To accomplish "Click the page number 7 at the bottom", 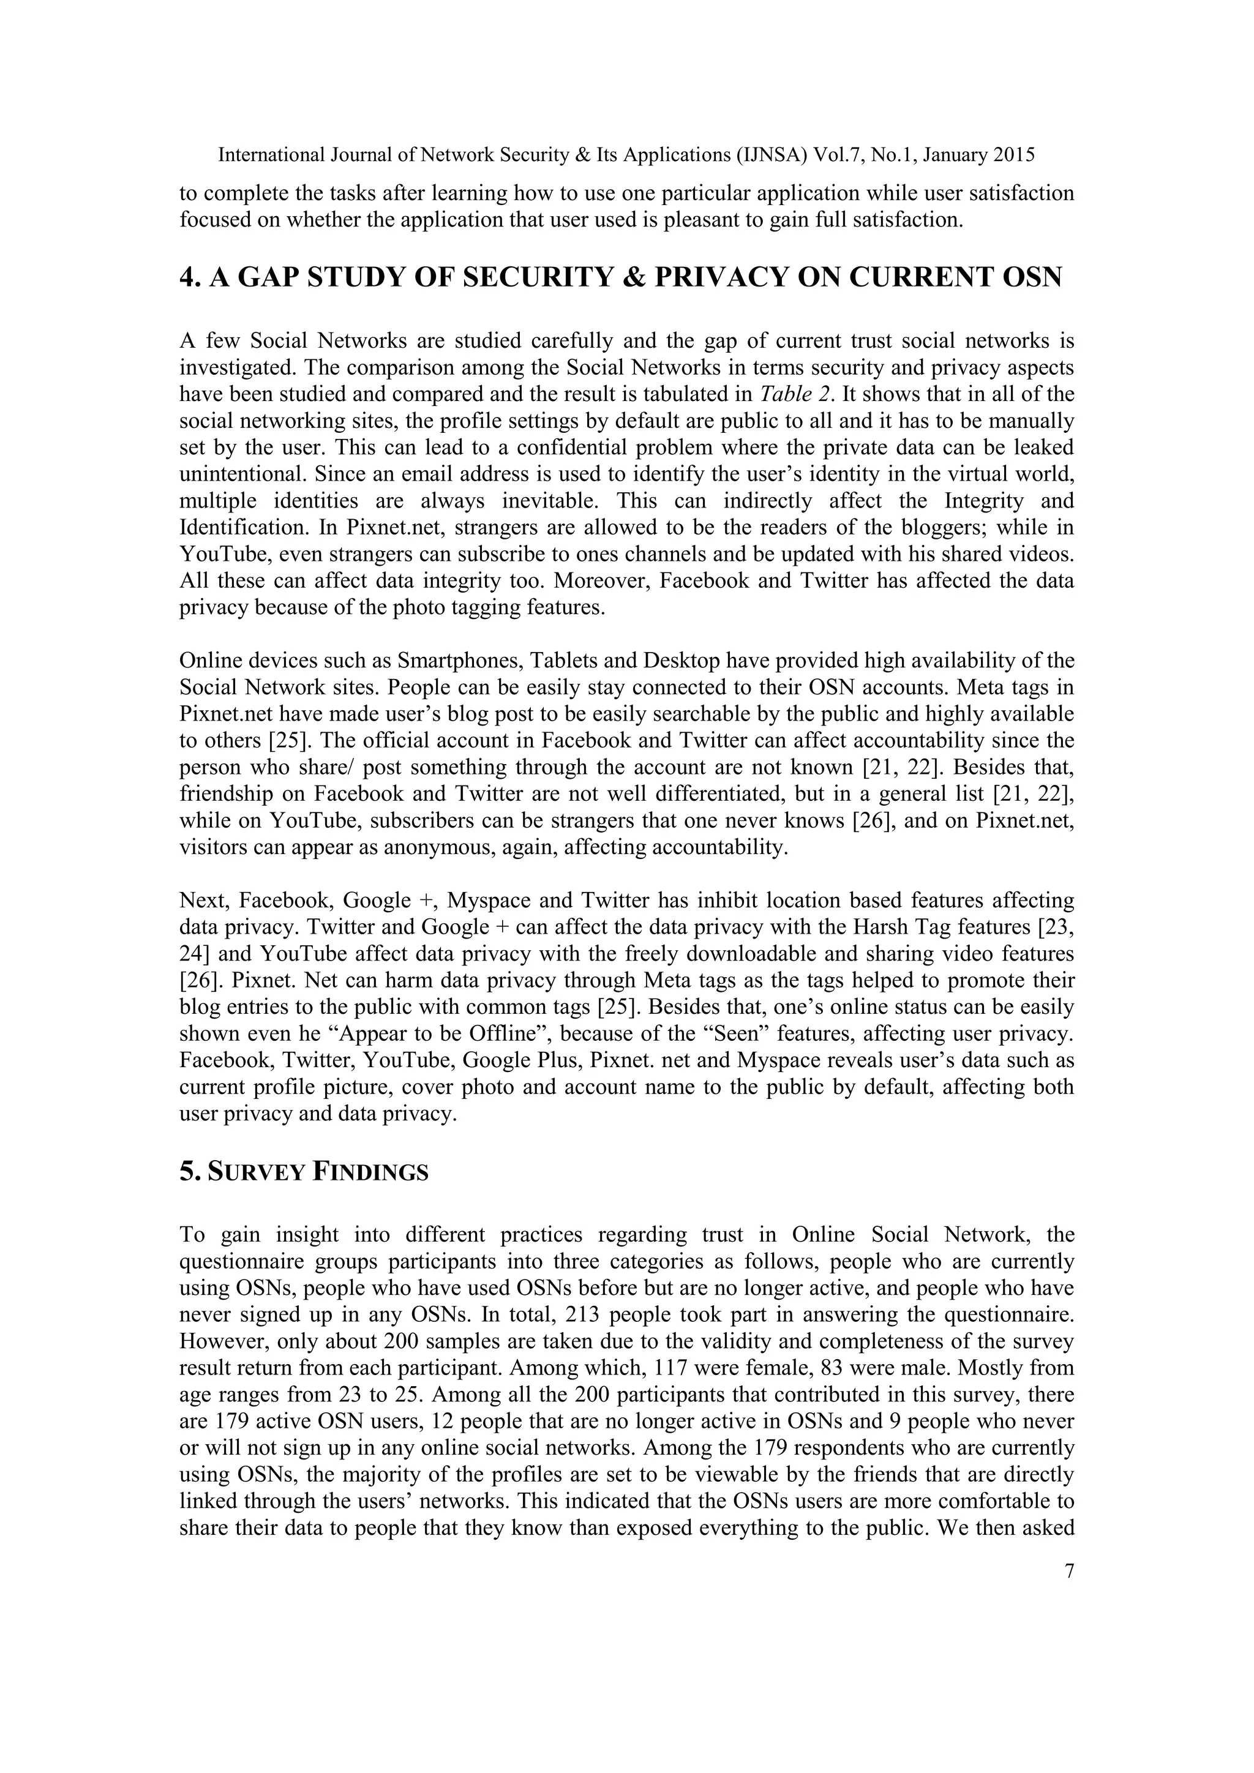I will coord(1068,1572).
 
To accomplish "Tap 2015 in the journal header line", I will coord(1013,156).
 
